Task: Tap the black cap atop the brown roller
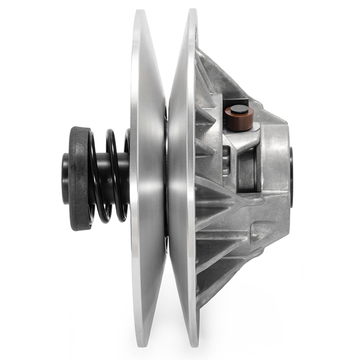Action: tap(240, 109)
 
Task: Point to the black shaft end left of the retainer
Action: tap(65, 178)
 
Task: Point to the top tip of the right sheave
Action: tap(192, 11)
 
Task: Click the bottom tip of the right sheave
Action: tap(193, 344)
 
